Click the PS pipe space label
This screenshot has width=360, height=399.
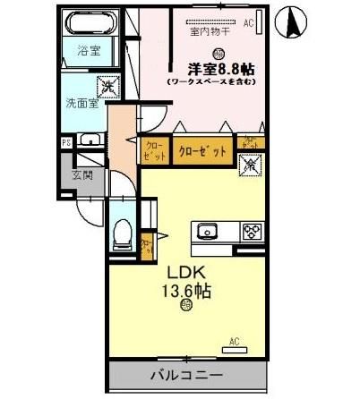[x=65, y=141]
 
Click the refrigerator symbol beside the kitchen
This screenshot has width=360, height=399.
[x=251, y=165]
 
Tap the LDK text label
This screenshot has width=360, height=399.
[x=184, y=271]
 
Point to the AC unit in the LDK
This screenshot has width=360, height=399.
[x=234, y=342]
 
